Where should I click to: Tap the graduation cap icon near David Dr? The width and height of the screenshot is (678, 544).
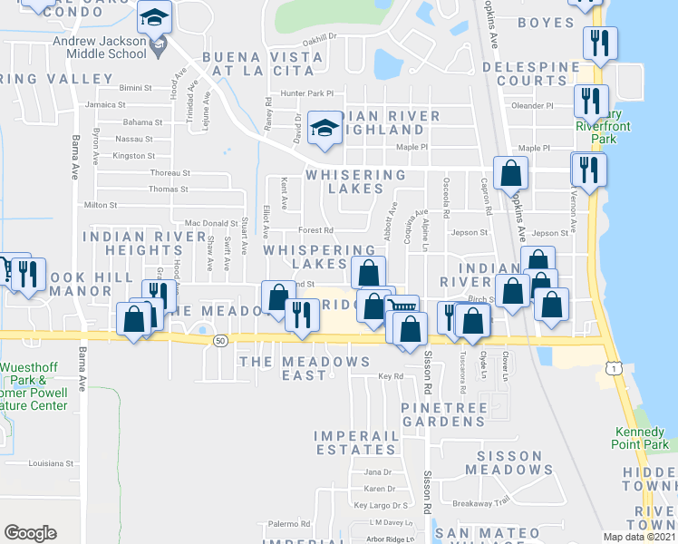(x=323, y=128)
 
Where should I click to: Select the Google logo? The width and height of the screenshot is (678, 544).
(x=30, y=533)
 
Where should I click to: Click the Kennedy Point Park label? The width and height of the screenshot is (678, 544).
(x=639, y=439)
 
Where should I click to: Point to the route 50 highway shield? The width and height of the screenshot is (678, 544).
(x=220, y=340)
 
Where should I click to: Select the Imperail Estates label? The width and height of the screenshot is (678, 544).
(x=356, y=442)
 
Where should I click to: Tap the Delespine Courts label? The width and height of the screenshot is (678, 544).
(x=531, y=73)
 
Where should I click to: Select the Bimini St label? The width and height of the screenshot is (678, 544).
(x=135, y=88)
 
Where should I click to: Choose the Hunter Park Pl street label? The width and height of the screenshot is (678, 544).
(x=307, y=92)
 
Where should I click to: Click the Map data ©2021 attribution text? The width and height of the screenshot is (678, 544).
(x=640, y=537)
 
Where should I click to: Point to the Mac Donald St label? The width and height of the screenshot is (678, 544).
(x=210, y=222)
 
